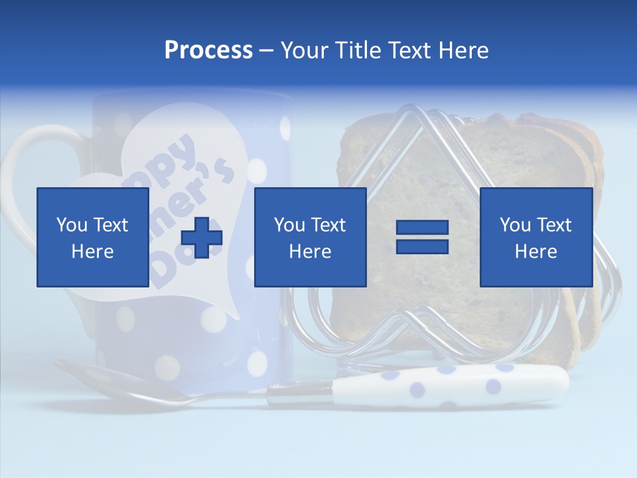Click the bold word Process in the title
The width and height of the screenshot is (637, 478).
[x=208, y=50]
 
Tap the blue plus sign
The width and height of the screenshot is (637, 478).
[x=202, y=238]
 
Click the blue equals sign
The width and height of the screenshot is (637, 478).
[x=422, y=237]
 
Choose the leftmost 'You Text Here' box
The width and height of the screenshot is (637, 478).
[x=92, y=237]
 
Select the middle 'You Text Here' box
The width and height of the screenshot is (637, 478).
[x=310, y=237]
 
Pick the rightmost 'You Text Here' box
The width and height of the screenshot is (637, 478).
[x=535, y=237]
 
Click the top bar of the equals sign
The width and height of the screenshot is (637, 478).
[x=422, y=228]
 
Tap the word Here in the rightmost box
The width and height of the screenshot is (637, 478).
[x=535, y=252]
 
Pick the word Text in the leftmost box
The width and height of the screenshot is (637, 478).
[x=110, y=225]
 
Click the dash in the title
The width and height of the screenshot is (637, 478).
[x=266, y=50]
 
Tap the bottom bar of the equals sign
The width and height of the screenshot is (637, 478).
[x=422, y=246]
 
